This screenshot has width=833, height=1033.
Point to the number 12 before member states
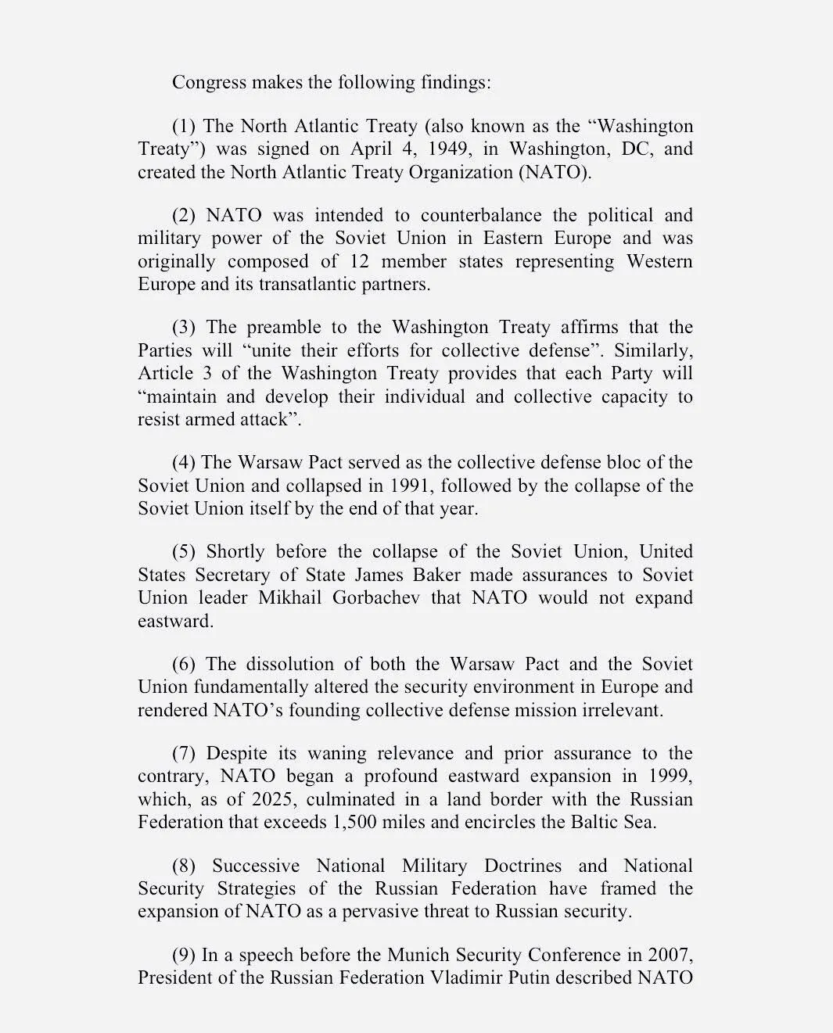358,261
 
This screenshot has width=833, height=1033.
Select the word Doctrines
522,866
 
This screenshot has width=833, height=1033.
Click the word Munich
430,955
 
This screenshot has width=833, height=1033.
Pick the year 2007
669,955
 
